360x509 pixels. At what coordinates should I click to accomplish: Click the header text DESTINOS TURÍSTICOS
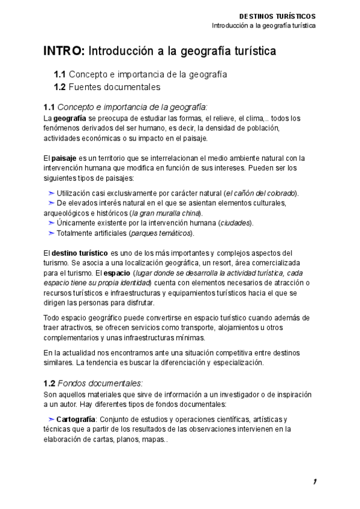point(277,16)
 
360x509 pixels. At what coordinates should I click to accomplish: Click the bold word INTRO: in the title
point(65,52)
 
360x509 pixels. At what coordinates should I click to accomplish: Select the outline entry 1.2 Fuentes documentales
point(107,88)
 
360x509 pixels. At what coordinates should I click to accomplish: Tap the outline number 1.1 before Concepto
point(59,75)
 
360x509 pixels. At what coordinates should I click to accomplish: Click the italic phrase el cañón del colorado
point(260,193)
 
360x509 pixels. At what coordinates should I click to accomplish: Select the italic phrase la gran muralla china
point(166,213)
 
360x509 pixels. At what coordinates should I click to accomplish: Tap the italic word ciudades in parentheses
point(235,223)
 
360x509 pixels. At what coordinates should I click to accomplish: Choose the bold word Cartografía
point(76,419)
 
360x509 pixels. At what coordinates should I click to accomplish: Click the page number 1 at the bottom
point(314,482)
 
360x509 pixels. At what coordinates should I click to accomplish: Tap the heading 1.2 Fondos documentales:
point(93,383)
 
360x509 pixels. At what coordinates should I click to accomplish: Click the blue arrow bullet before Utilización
point(51,193)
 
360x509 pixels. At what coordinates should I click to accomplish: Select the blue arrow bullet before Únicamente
point(51,223)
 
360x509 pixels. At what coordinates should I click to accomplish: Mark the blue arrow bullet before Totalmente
point(51,233)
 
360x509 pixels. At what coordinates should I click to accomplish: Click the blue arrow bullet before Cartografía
point(51,419)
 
